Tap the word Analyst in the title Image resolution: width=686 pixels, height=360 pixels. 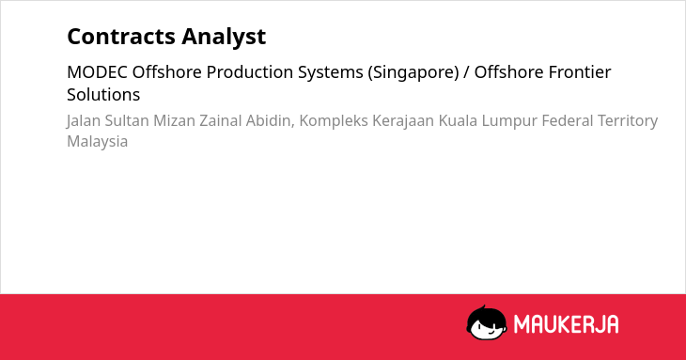[x=224, y=37]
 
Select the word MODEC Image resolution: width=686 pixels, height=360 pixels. [x=97, y=72]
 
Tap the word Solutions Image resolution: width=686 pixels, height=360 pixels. [x=103, y=95]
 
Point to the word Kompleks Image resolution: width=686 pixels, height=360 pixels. [x=334, y=121]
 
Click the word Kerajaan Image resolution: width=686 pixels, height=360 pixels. [x=403, y=121]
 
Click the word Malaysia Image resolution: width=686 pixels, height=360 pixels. [x=97, y=142]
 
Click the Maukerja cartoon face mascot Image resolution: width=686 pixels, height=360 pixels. [x=487, y=322]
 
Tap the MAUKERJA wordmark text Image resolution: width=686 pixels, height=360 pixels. [x=566, y=324]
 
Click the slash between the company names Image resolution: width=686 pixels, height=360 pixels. [x=466, y=72]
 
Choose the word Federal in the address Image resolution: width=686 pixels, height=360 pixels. [x=567, y=120]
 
